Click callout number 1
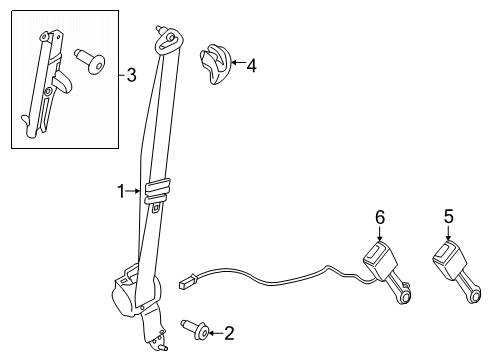(x=121, y=191)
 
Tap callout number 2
(x=229, y=333)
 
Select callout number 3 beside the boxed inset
(x=132, y=75)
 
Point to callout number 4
(x=252, y=65)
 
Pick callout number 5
(x=449, y=216)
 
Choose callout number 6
(x=380, y=217)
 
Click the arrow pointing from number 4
(x=238, y=62)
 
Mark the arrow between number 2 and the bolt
(x=216, y=333)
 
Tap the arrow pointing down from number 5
(x=449, y=233)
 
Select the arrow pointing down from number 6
(x=380, y=233)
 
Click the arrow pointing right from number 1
(x=133, y=191)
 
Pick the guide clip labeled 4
(x=215, y=63)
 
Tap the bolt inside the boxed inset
(x=90, y=61)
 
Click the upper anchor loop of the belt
(x=169, y=41)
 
